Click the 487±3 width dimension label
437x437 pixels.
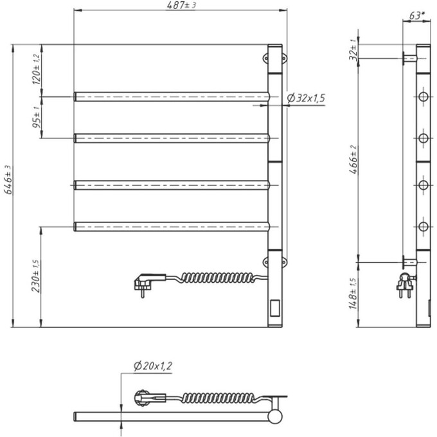coord(181,6)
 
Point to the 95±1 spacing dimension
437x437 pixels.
coord(37,117)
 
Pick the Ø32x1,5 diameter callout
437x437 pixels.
coord(306,98)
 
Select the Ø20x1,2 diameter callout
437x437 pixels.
coord(152,367)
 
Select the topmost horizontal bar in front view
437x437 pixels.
coord(171,96)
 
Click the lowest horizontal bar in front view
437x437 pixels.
coord(171,226)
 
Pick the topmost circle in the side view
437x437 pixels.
coord(423,96)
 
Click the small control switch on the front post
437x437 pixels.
coord(274,309)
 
